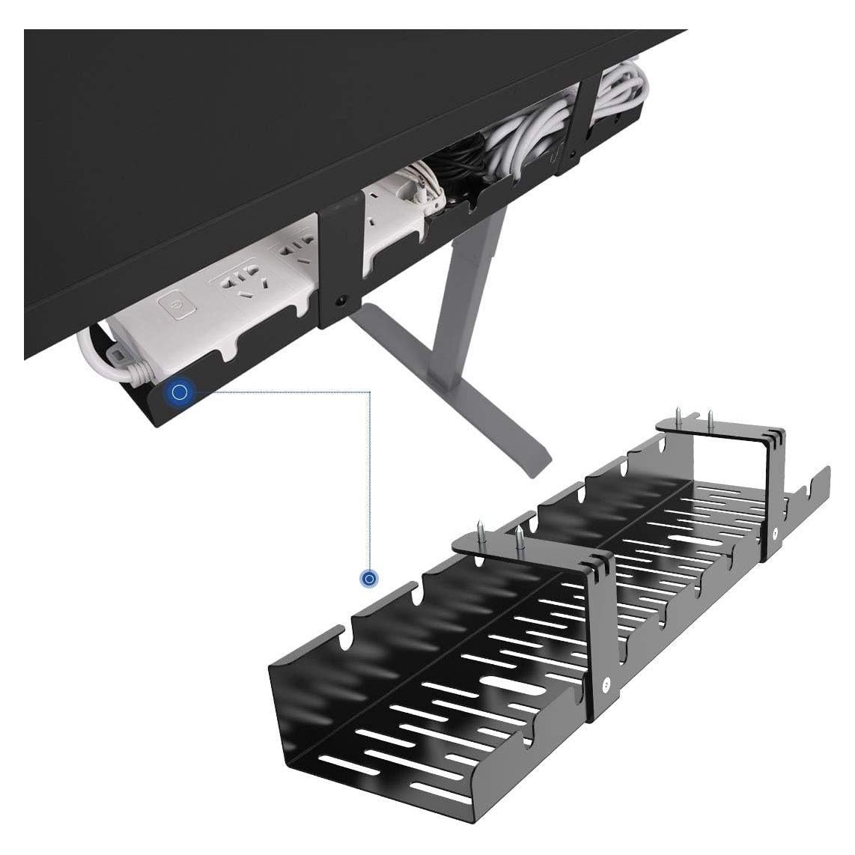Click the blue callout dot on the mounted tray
click(179, 392)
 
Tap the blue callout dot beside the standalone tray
click(368, 579)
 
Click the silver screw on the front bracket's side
click(605, 682)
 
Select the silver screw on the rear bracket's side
click(775, 533)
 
